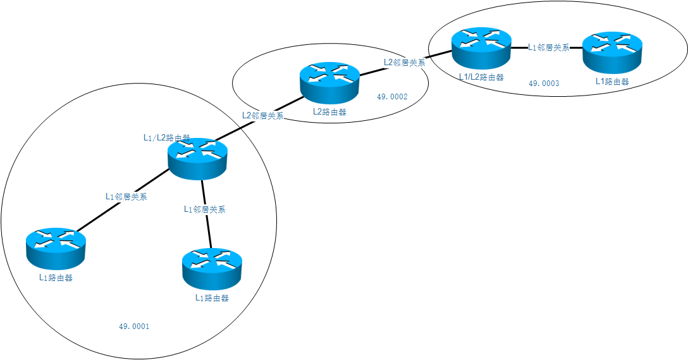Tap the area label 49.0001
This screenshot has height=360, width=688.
[x=134, y=326]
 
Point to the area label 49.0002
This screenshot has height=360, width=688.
[x=392, y=97]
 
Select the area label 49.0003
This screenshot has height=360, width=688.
[x=544, y=84]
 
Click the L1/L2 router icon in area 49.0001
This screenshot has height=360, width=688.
[x=197, y=158]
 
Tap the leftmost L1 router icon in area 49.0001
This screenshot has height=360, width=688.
[x=56, y=247]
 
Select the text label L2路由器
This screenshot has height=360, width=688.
[x=329, y=113]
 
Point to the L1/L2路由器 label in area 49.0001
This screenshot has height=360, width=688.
[x=166, y=137]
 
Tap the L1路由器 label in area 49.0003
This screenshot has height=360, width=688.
[x=612, y=82]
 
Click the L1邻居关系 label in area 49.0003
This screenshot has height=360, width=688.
[x=549, y=47]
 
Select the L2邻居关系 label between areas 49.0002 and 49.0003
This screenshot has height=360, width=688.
[x=404, y=63]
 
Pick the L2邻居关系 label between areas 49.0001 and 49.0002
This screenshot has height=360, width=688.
[x=262, y=116]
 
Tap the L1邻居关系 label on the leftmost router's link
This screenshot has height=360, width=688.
[x=126, y=197]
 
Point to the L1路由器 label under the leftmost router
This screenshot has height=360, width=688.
[x=56, y=277]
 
